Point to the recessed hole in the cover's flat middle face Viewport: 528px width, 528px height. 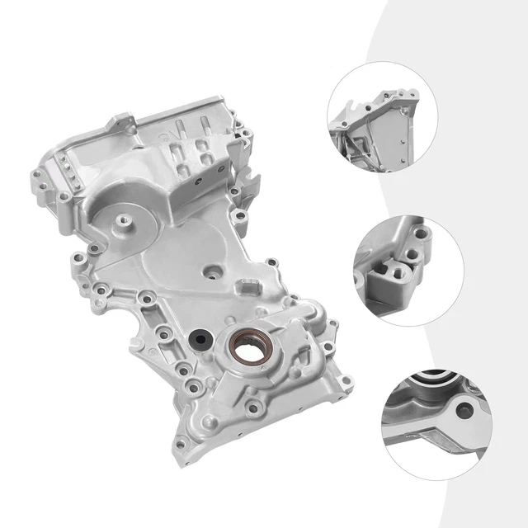coord(213,270)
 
